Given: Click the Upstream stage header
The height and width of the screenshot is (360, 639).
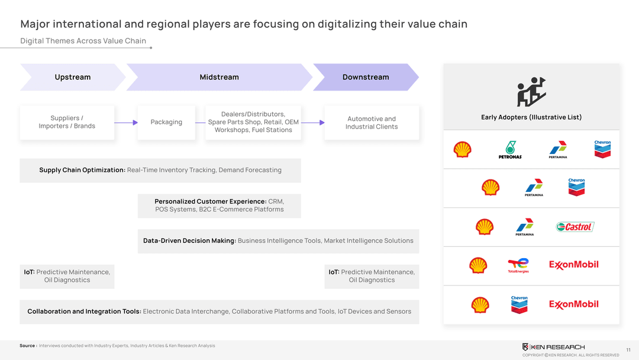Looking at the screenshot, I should (73, 77).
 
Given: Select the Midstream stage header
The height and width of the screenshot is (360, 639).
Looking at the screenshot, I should (219, 77).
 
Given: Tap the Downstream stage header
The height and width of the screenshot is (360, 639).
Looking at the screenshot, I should (366, 77).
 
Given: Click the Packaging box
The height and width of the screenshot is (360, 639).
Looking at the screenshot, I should (166, 123).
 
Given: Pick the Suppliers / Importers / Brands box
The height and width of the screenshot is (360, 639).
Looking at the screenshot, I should (67, 123).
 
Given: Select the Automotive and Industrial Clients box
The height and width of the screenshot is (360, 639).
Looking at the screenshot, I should (372, 123).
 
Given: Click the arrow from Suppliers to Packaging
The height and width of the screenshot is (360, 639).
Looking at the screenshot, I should (126, 123).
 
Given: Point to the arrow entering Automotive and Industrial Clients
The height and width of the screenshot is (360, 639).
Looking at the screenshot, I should (313, 123).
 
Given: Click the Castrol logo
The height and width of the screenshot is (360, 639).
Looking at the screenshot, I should (575, 227).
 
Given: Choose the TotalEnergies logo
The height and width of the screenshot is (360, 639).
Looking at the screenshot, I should (518, 265).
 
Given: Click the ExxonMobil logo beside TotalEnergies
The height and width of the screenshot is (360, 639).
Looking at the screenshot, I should (573, 265).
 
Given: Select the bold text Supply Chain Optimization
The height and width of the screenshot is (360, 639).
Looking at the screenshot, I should (82, 171).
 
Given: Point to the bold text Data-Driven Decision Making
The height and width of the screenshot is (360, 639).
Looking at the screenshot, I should (189, 241).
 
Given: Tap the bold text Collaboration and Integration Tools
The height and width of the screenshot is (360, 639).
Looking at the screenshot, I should (84, 311).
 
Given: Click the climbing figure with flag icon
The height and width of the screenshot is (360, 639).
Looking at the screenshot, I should (531, 92).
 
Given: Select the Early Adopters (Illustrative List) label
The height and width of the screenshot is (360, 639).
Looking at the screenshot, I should (531, 117).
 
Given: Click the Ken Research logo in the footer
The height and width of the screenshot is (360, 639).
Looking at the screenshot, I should (553, 347).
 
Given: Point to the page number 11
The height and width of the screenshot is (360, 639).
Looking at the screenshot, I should (628, 350).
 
